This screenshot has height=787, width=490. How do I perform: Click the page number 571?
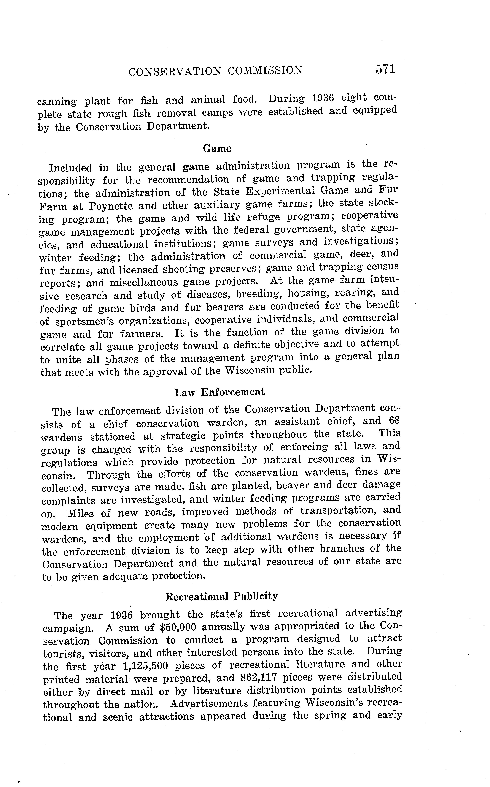point(386,69)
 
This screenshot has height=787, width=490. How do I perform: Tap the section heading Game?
point(217,149)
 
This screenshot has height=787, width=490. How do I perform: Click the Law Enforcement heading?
point(220,392)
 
